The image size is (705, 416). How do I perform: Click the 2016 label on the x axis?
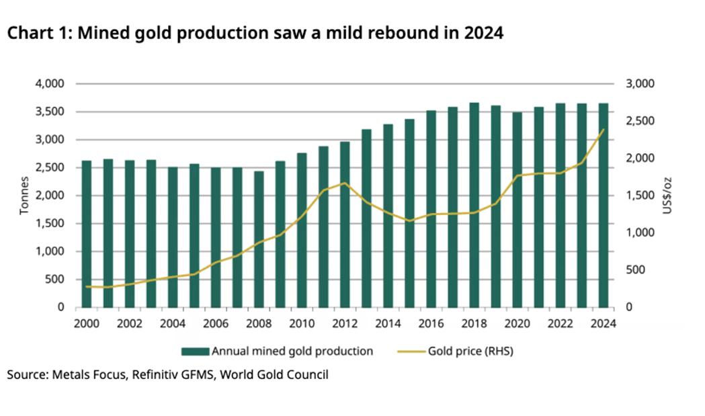click(431, 323)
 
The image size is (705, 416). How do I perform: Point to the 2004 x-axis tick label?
click(172, 323)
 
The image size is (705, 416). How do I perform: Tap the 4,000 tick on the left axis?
click(50, 84)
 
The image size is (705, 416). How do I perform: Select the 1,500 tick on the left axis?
click(50, 224)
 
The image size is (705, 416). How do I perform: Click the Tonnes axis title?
click(24, 196)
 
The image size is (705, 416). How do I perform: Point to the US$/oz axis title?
click(667, 196)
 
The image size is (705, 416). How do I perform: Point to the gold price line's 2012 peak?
click(345, 183)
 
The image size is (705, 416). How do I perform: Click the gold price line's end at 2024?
click(604, 130)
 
